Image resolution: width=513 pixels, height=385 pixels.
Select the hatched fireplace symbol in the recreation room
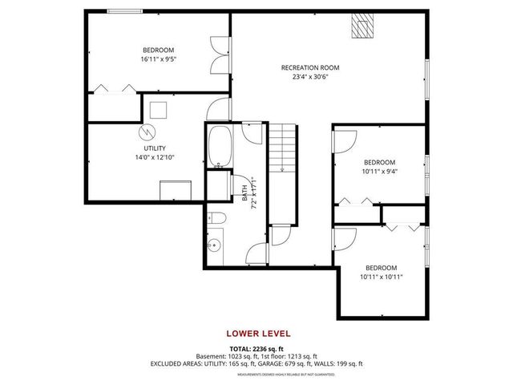(363, 27)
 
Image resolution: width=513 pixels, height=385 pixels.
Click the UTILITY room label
(155, 148)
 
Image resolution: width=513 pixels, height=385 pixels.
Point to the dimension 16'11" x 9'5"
(158, 59)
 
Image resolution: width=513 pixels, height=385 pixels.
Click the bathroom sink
(214, 245)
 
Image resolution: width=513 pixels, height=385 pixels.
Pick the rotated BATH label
(244, 192)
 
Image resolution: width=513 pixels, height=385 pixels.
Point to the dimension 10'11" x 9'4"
(380, 171)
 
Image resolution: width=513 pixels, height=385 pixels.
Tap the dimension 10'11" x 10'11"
(381, 277)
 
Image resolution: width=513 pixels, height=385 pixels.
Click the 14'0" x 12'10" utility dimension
(155, 158)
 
